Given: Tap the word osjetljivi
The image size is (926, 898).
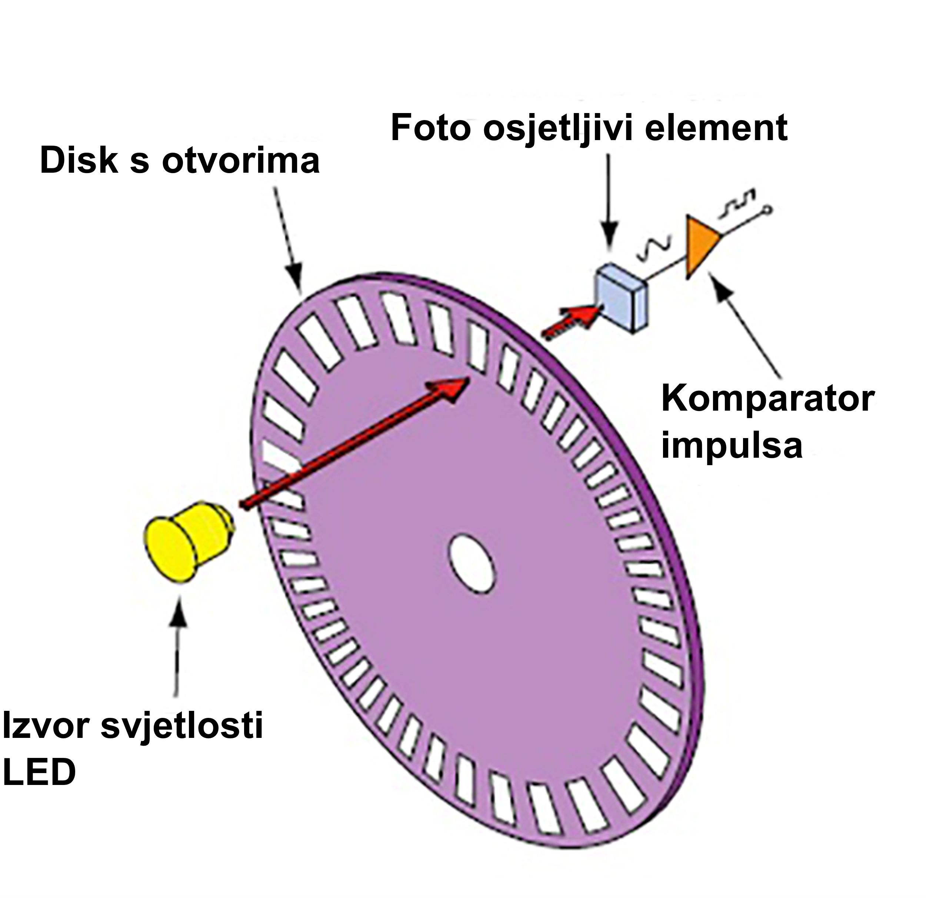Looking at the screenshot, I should [x=557, y=129].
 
